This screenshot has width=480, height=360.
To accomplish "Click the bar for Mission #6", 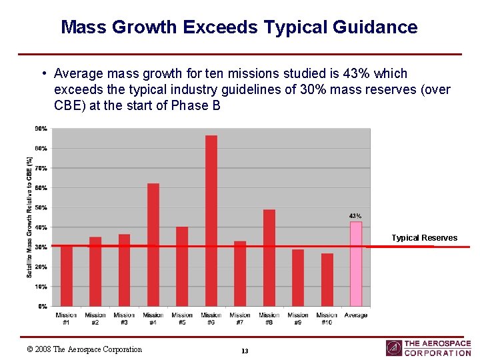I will tap(211, 221).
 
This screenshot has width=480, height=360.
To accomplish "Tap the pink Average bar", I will tap(356, 264).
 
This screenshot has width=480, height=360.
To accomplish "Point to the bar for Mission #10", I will tap(327, 280).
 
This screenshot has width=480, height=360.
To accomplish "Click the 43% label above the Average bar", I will tap(355, 216).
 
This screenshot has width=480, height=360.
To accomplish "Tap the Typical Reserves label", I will tap(424, 238).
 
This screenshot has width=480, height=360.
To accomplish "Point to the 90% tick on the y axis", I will tap(41, 128).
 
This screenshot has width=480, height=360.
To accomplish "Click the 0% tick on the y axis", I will tap(43, 307).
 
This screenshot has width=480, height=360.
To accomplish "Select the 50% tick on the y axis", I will tap(41, 208).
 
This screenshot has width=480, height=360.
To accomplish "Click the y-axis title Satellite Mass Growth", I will tap(29, 217).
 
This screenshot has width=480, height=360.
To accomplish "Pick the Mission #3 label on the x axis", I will tap(124, 319).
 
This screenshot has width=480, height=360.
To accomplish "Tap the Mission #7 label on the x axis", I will tap(240, 319).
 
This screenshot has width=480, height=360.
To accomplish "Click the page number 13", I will tap(245, 351).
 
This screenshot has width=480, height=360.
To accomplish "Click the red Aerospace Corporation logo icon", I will tap(393, 348).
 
